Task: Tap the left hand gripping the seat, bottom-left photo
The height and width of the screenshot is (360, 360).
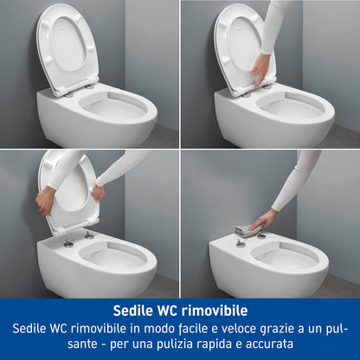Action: (45, 201)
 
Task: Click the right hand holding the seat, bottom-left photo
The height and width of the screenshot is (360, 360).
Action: (97, 192)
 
